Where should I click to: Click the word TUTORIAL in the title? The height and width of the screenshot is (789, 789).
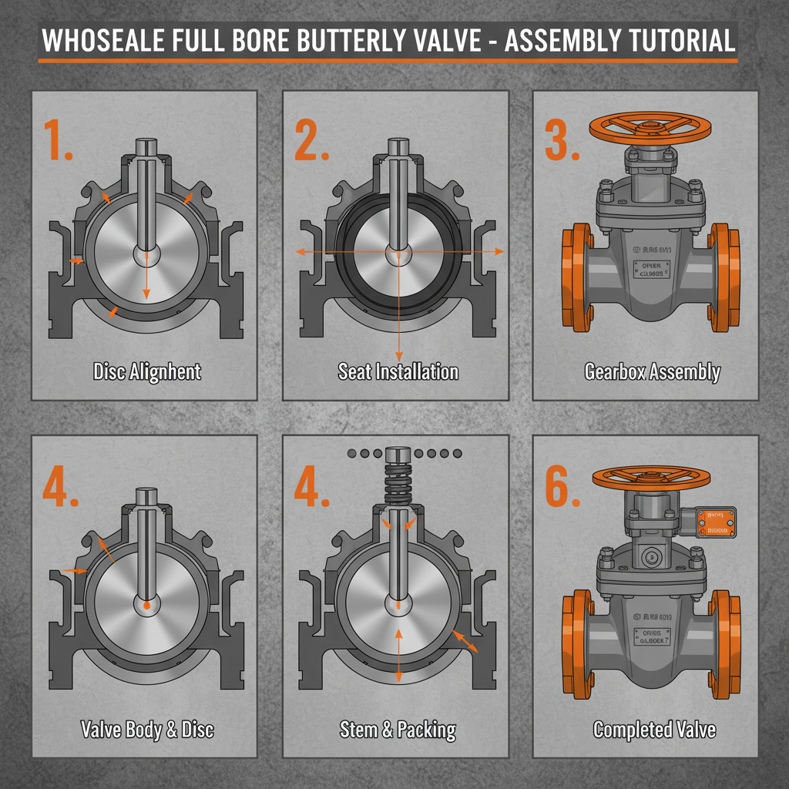pos(672,39)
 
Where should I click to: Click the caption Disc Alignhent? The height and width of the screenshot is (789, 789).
pos(146,371)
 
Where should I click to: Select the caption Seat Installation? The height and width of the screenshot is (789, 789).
pos(398,371)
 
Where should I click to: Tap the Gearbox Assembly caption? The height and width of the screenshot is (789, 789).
pos(652,372)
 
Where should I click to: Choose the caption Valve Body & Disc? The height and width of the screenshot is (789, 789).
pos(147,729)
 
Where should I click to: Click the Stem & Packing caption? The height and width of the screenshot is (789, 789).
pos(398,729)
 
